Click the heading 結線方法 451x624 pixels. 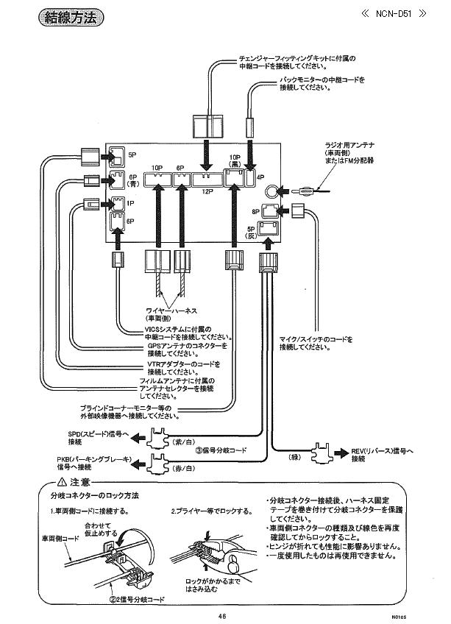[68, 18]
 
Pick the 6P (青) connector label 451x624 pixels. [133, 180]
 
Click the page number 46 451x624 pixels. [221, 616]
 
